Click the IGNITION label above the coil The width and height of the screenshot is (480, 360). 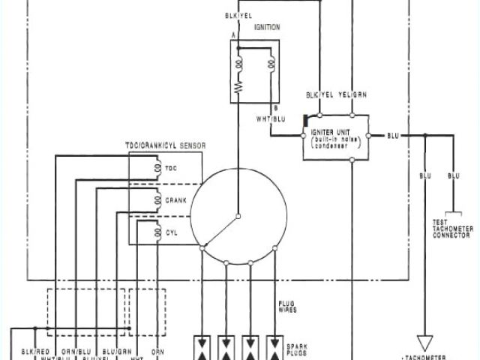pyautogui.click(x=267, y=27)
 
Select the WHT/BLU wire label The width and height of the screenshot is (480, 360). pyautogui.click(x=271, y=118)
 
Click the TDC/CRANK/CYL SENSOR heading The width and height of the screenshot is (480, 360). pyautogui.click(x=165, y=145)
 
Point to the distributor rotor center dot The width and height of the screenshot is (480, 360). pyautogui.click(x=237, y=217)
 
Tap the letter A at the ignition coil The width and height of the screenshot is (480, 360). pyautogui.click(x=233, y=35)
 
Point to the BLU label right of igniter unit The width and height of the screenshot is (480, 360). pyautogui.click(x=394, y=136)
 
